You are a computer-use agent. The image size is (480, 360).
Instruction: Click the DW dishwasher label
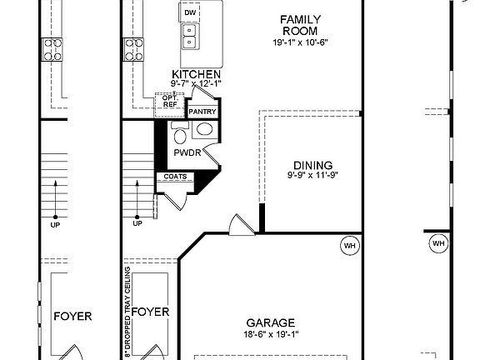[190, 12]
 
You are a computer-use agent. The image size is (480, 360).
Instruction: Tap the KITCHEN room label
[196, 74]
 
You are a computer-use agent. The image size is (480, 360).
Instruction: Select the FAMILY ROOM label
[300, 25]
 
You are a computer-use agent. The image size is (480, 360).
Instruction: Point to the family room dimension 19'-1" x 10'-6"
[300, 42]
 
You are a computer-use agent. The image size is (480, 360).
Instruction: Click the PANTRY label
[202, 112]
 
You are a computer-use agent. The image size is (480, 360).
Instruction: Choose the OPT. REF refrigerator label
[170, 102]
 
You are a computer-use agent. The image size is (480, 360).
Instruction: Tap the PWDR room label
[187, 152]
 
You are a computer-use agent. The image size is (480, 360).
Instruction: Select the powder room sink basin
[204, 129]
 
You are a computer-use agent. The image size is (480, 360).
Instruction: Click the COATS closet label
[175, 177]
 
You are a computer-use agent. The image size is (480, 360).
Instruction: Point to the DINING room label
[312, 165]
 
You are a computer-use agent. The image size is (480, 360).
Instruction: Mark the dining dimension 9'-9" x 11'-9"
[312, 175]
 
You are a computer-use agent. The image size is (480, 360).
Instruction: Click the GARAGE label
[271, 322]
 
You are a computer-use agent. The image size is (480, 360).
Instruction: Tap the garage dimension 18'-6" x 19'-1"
[271, 334]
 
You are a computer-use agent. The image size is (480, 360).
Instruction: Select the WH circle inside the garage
[350, 245]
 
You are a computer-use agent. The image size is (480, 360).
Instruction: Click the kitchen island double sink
[190, 37]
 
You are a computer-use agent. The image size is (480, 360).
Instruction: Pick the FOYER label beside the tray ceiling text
[150, 312]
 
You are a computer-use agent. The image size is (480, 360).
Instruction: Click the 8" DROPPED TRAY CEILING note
[127, 312]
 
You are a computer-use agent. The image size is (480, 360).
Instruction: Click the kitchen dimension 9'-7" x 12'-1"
[196, 83]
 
